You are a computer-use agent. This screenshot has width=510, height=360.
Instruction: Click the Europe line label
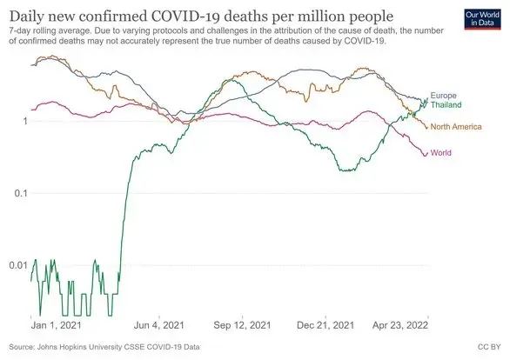[443, 96]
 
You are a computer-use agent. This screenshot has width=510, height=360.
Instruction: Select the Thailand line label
[446, 104]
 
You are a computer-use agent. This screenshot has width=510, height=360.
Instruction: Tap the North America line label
[456, 127]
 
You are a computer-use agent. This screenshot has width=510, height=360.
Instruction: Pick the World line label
[440, 153]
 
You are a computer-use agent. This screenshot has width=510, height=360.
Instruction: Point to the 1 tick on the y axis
[25, 121]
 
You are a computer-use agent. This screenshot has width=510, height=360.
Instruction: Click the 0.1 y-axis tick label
[21, 193]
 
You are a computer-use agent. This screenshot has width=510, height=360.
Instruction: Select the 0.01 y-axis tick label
[18, 265]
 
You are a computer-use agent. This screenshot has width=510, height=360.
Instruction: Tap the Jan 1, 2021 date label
[56, 325]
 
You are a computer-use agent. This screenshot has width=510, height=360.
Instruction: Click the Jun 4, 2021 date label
[159, 325]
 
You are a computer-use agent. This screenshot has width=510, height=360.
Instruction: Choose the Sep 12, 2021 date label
[242, 325]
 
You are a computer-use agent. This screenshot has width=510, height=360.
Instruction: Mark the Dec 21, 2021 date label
[325, 325]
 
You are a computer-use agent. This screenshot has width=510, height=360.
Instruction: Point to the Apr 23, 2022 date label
[400, 325]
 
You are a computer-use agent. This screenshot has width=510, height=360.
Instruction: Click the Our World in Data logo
[483, 19]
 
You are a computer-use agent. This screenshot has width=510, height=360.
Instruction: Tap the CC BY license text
[489, 347]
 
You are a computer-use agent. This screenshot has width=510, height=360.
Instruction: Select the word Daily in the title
[25, 17]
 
